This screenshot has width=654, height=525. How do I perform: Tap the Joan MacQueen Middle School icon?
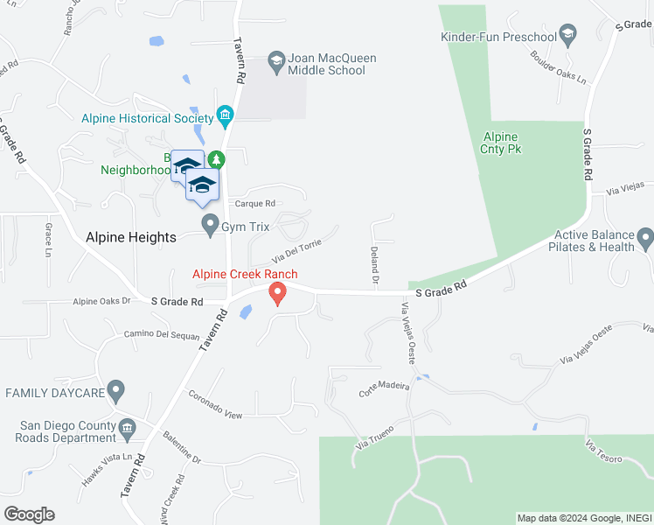tap(276, 59)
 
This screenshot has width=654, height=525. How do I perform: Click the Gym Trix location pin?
tap(210, 226)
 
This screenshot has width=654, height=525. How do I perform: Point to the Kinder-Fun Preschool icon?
tap(568, 35)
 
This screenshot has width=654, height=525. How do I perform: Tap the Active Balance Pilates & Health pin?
tap(645, 237)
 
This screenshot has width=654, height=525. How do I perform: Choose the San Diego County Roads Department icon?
tap(128, 428)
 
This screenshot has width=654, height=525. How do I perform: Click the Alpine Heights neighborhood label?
tap(131, 237)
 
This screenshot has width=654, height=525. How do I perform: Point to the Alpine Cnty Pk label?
tap(501, 143)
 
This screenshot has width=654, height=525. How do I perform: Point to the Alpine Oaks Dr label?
tap(101, 301)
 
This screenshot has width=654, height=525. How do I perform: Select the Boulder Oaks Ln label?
tap(558, 66)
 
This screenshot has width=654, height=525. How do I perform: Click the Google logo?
tap(29, 514)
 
